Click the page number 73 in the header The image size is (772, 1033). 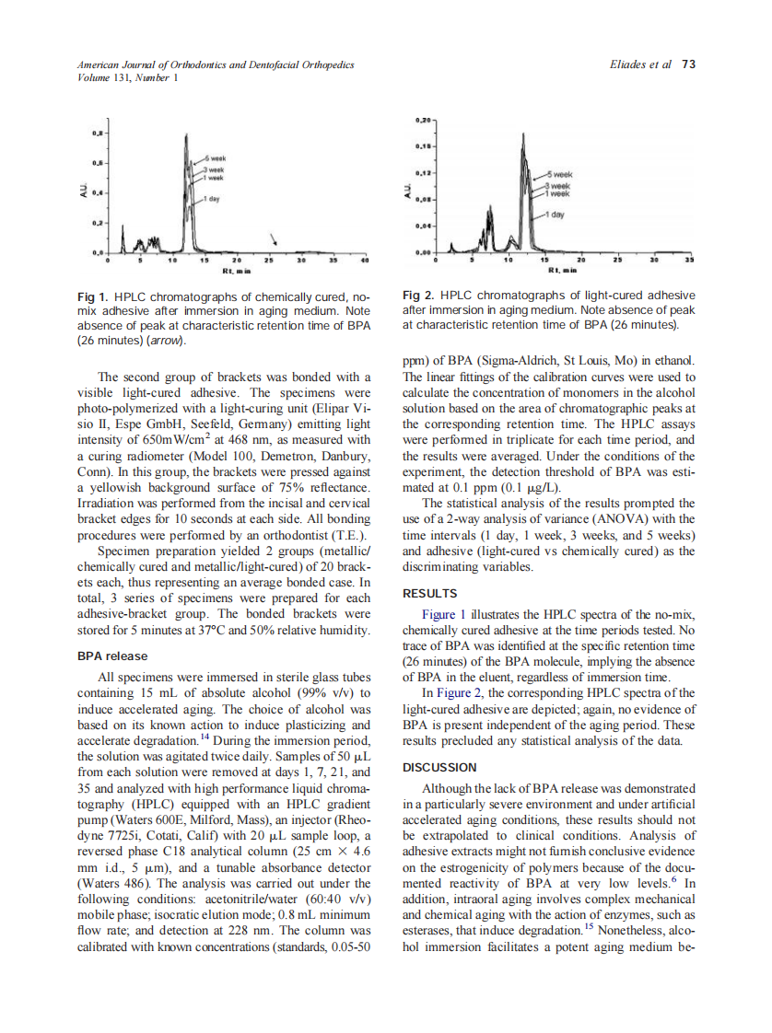pos(688,64)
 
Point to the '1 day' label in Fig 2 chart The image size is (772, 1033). pos(556,215)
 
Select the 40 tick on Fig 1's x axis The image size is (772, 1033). pos(365,261)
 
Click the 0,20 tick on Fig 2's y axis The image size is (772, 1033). pos(423,121)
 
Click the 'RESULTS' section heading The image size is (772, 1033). pos(430,594)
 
